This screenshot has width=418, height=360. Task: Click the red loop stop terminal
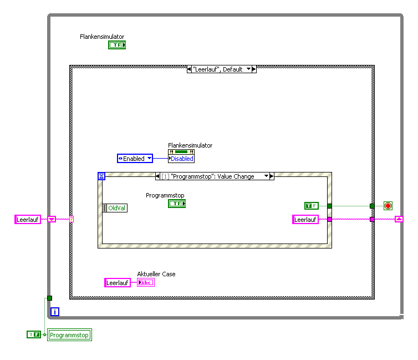pos(388,206)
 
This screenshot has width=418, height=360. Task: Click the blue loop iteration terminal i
pos(54,312)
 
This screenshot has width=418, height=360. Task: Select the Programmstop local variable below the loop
pos(69,335)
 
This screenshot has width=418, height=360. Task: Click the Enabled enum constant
pos(135,159)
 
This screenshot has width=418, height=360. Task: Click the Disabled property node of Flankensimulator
pos(181,159)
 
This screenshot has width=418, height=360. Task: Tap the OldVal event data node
pos(115,208)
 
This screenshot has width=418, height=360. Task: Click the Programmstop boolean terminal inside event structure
pos(177,204)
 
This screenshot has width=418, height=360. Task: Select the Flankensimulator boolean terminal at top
pos(117,45)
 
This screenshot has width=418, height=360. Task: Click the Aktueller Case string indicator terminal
pos(146,283)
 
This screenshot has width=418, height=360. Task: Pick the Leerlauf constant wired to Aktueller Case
pos(118,283)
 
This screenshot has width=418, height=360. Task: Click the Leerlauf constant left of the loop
pos(28,220)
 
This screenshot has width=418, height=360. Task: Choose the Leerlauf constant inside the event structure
pos(305,220)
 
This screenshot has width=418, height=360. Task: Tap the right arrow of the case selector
pos(253,69)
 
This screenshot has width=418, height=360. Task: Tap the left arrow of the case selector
pos(190,69)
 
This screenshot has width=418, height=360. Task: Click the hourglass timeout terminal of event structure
pos(101,176)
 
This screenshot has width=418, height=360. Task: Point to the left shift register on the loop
pos(51,220)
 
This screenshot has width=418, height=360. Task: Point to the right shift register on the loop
pos(399,220)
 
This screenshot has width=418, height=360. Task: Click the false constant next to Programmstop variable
pos(34,334)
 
